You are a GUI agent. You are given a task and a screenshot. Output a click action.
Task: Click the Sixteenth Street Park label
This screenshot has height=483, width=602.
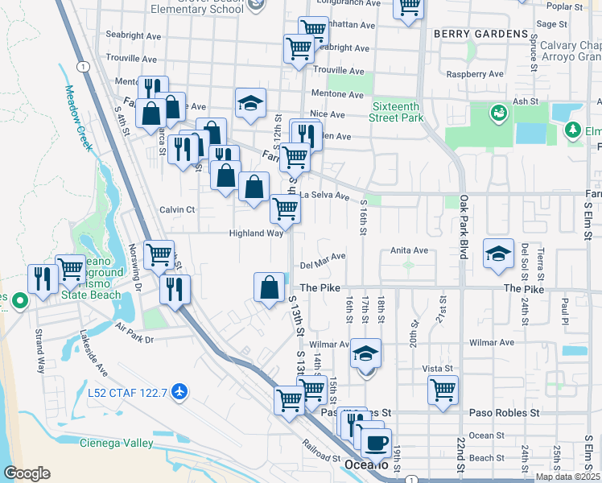pyautogui.click(x=398, y=111)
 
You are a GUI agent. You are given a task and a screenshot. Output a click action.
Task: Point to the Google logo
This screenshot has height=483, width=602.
pyautogui.click(x=27, y=473)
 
